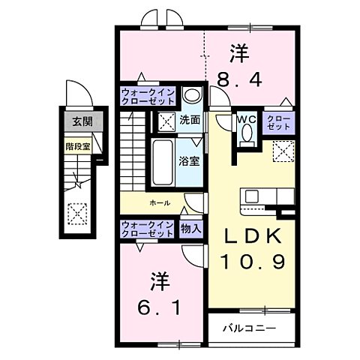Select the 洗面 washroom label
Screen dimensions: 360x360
(190, 120)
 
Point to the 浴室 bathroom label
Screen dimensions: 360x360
(190, 159)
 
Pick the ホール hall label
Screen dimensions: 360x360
(159, 202)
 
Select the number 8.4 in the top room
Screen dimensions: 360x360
(239, 79)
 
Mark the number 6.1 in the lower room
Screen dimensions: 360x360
(159, 307)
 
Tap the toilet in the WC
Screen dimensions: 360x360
(245, 135)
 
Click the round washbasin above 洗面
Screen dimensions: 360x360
(191, 96)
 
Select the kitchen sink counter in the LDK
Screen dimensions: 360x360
(252, 196)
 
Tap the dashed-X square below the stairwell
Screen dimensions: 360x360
(76, 214)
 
